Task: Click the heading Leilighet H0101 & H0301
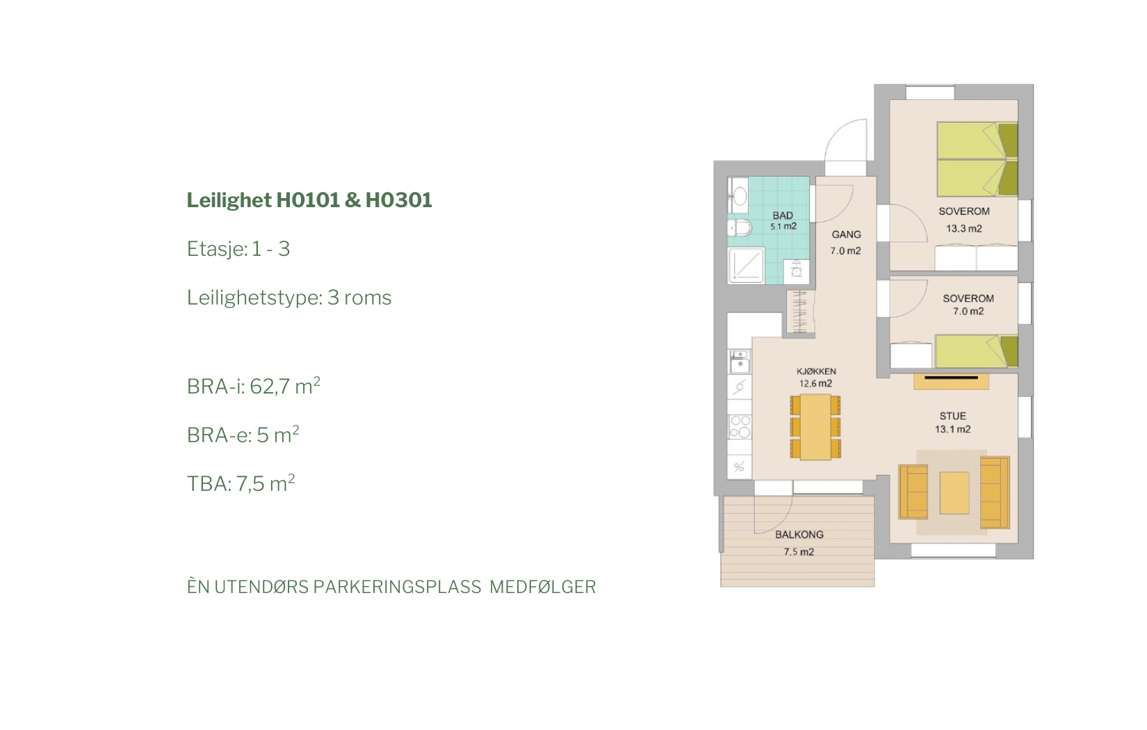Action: [x=309, y=201]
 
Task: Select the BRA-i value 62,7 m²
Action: [x=285, y=387]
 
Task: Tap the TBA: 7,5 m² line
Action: [x=241, y=483]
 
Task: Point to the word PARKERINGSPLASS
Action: [x=397, y=587]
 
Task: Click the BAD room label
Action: [x=783, y=216]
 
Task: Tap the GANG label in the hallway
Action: [x=846, y=234]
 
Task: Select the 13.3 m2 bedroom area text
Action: [x=963, y=229]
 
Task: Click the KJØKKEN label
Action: [x=815, y=371]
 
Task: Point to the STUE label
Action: [x=952, y=416]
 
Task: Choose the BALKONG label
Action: [x=799, y=535]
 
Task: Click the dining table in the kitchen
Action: [x=815, y=427]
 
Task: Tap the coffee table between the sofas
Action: [x=954, y=493]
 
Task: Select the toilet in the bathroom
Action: [x=740, y=227]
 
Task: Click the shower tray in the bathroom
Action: [x=746, y=266]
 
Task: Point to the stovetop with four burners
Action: [x=740, y=427]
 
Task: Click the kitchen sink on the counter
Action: [x=740, y=361]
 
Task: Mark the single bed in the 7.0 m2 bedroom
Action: [x=976, y=351]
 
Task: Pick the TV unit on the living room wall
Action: [x=951, y=381]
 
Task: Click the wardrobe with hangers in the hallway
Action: [x=800, y=311]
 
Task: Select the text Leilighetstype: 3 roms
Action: [x=288, y=298]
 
